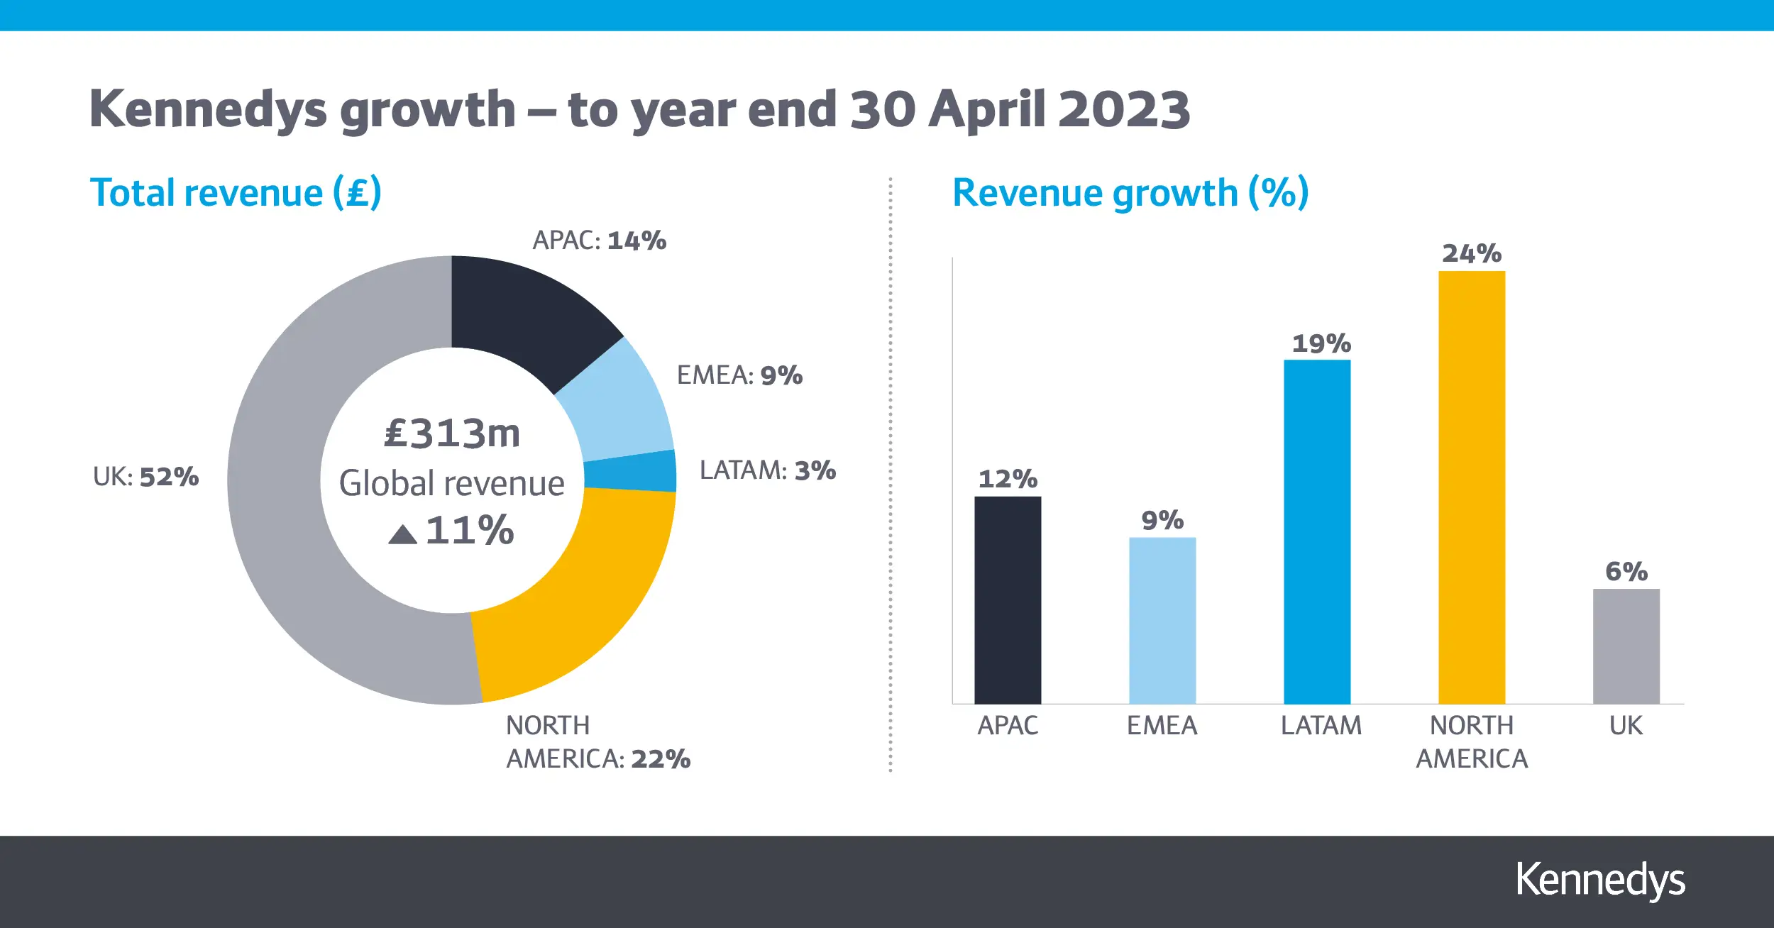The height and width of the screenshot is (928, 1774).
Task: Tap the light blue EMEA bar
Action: pos(1162,621)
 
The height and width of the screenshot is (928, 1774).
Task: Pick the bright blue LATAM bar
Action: pos(1316,532)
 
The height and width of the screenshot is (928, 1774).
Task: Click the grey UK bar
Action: pos(1626,646)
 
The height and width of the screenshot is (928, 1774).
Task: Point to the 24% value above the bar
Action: pos(1471,253)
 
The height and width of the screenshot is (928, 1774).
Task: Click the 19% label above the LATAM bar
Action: pos(1321,343)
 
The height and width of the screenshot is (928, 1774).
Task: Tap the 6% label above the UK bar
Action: pos(1626,571)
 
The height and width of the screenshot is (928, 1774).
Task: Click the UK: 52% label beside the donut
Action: pos(145,477)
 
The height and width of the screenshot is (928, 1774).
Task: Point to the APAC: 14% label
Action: pos(599,241)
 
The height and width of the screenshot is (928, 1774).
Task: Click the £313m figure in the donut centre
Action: pos(452,433)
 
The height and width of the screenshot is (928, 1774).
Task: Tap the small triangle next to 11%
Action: pos(402,535)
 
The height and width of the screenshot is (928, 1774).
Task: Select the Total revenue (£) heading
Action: pos(236,193)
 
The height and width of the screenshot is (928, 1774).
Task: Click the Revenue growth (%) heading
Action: pos(1130,193)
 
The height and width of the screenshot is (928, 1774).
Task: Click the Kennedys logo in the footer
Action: pos(1599,880)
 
